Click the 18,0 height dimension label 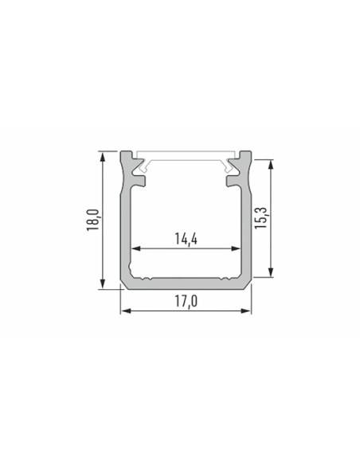(x=92, y=220)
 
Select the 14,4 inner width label (x=186, y=239)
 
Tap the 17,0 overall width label (x=186, y=302)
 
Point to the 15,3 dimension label (x=261, y=217)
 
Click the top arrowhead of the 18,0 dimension (x=103, y=157)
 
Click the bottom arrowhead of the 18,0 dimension (x=103, y=283)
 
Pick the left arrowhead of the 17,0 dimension (x=126, y=311)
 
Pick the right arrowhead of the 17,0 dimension (x=246, y=311)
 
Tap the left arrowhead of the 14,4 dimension (x=136, y=248)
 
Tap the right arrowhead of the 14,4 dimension (x=235, y=248)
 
